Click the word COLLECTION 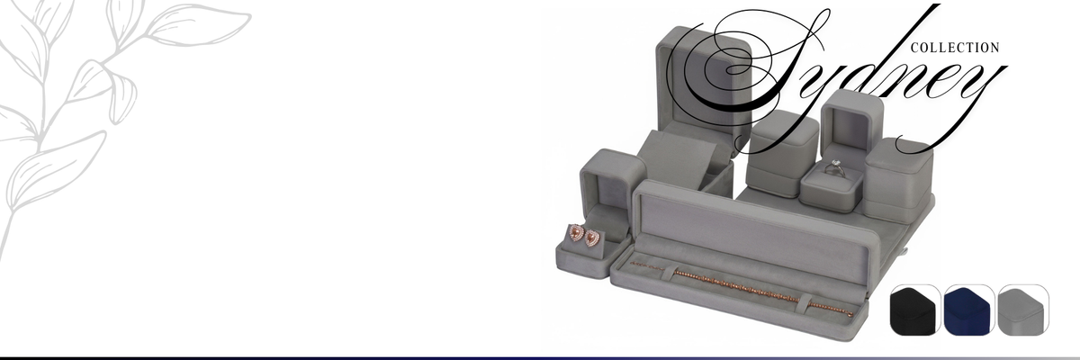tap(955, 48)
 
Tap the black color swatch tap(914, 310)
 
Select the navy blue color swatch tap(968, 310)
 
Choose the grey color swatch tap(1022, 310)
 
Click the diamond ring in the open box tap(834, 168)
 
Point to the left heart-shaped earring tap(576, 233)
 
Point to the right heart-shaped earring tap(591, 238)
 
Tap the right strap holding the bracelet tap(804, 302)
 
